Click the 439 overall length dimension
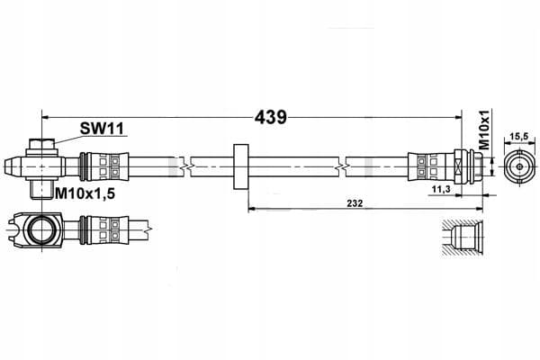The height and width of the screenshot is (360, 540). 270,118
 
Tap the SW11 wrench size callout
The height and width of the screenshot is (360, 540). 102,129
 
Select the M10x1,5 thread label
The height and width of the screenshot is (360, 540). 85,194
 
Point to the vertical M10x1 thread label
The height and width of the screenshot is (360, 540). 484,130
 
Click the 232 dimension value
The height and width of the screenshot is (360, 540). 355,203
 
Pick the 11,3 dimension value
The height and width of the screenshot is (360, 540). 441,189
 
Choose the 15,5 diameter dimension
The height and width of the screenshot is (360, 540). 519,137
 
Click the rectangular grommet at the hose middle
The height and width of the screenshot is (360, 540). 241,166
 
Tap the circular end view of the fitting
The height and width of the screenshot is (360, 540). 519,166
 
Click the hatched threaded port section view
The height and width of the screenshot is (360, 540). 463,238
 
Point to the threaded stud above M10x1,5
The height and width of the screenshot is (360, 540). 38,190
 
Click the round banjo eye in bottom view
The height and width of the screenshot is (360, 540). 41,229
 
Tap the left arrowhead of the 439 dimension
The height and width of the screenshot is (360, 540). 45,118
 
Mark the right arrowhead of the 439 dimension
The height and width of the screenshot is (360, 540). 458,118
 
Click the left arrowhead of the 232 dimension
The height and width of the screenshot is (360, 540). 252,209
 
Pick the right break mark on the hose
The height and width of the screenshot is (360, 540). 342,166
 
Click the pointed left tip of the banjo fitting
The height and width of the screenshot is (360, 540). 6,166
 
